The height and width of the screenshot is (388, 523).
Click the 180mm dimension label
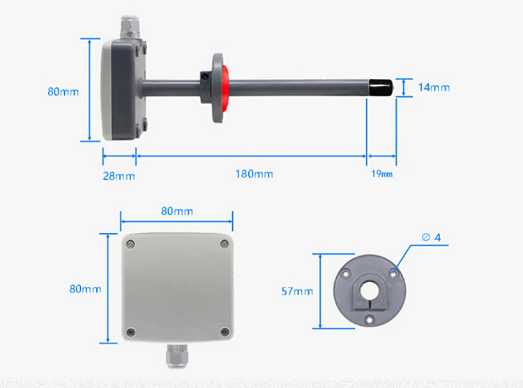pyautogui.click(x=254, y=174)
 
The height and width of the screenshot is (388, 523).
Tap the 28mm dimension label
pyautogui.click(x=119, y=176)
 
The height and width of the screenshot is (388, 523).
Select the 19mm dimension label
pyautogui.click(x=382, y=174)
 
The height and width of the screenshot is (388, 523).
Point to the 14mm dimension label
pyautogui.click(x=434, y=87)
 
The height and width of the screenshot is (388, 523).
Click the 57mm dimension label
pyautogui.click(x=297, y=292)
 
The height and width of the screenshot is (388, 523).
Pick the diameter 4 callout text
pyautogui.click(x=431, y=237)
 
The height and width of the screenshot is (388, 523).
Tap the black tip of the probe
pyautogui.click(x=381, y=87)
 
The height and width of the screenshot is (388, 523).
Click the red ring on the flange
pyautogui.click(x=225, y=88)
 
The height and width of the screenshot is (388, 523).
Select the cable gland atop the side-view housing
pyautogui.click(x=130, y=27)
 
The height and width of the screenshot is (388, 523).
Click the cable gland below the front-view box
pyautogui.click(x=177, y=356)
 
